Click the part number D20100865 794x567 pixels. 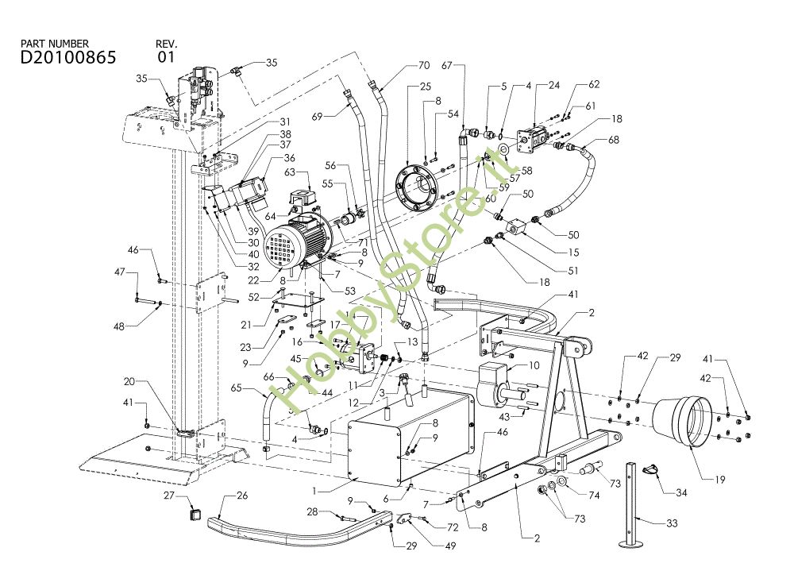coord(68,57)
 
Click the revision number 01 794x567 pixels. coord(166,57)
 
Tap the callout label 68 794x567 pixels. coord(614,141)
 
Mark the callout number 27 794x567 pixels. coord(168,496)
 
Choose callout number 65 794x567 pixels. coord(237,389)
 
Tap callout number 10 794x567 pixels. coord(533,364)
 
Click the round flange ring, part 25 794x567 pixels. coord(414,182)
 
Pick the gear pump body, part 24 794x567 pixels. coord(530,141)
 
